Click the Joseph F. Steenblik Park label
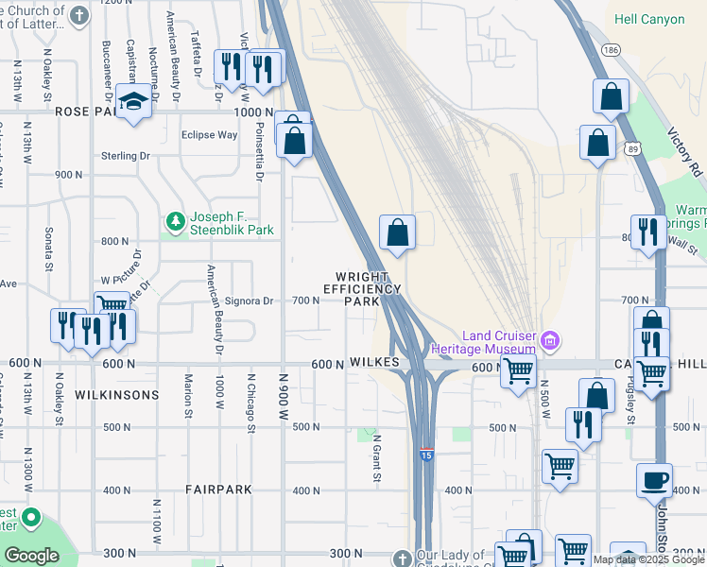232,223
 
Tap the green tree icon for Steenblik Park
175,222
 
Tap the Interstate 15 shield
427,455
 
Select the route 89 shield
633,147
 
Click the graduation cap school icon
134,102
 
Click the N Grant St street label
376,458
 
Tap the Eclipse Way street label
209,135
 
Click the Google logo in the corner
31,556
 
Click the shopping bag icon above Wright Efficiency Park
398,232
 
